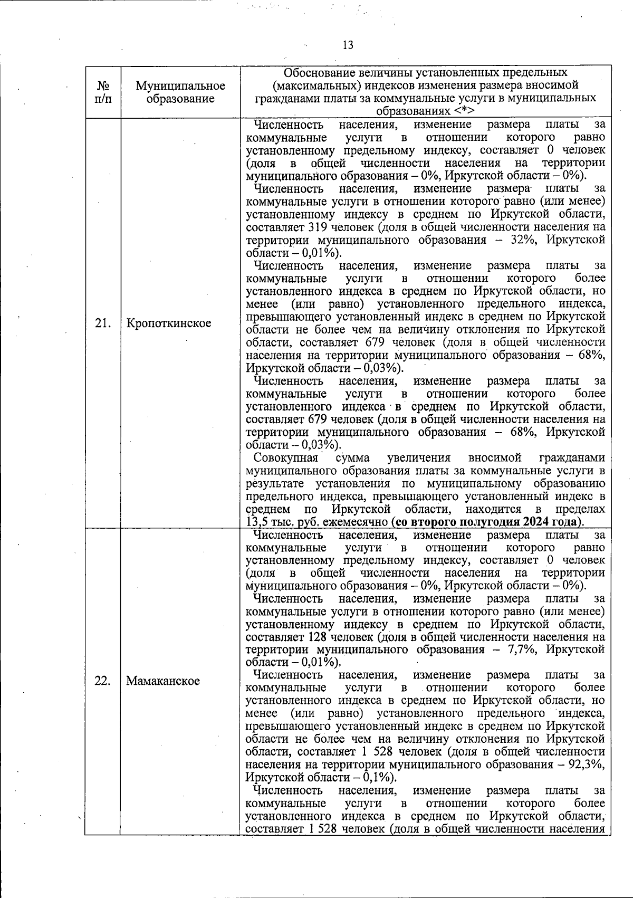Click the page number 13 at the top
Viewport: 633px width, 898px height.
coord(348,45)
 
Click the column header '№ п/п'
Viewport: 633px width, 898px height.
coord(103,92)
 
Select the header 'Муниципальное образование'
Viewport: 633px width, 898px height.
coord(180,92)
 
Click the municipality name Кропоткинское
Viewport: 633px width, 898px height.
coord(168,323)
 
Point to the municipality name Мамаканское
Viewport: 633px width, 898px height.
coord(163,681)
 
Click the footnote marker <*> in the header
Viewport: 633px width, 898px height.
coord(464,111)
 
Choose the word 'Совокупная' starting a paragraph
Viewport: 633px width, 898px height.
coord(285,457)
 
